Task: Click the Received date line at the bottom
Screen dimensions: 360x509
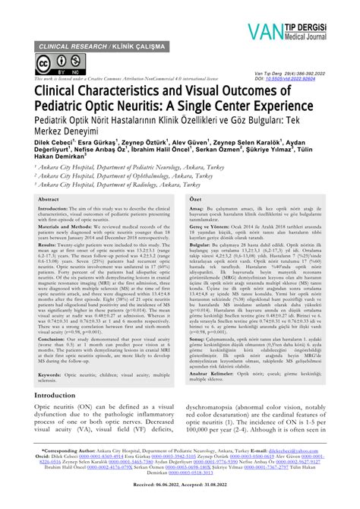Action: (x=179, y=501)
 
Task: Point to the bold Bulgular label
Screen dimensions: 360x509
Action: (x=199, y=245)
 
